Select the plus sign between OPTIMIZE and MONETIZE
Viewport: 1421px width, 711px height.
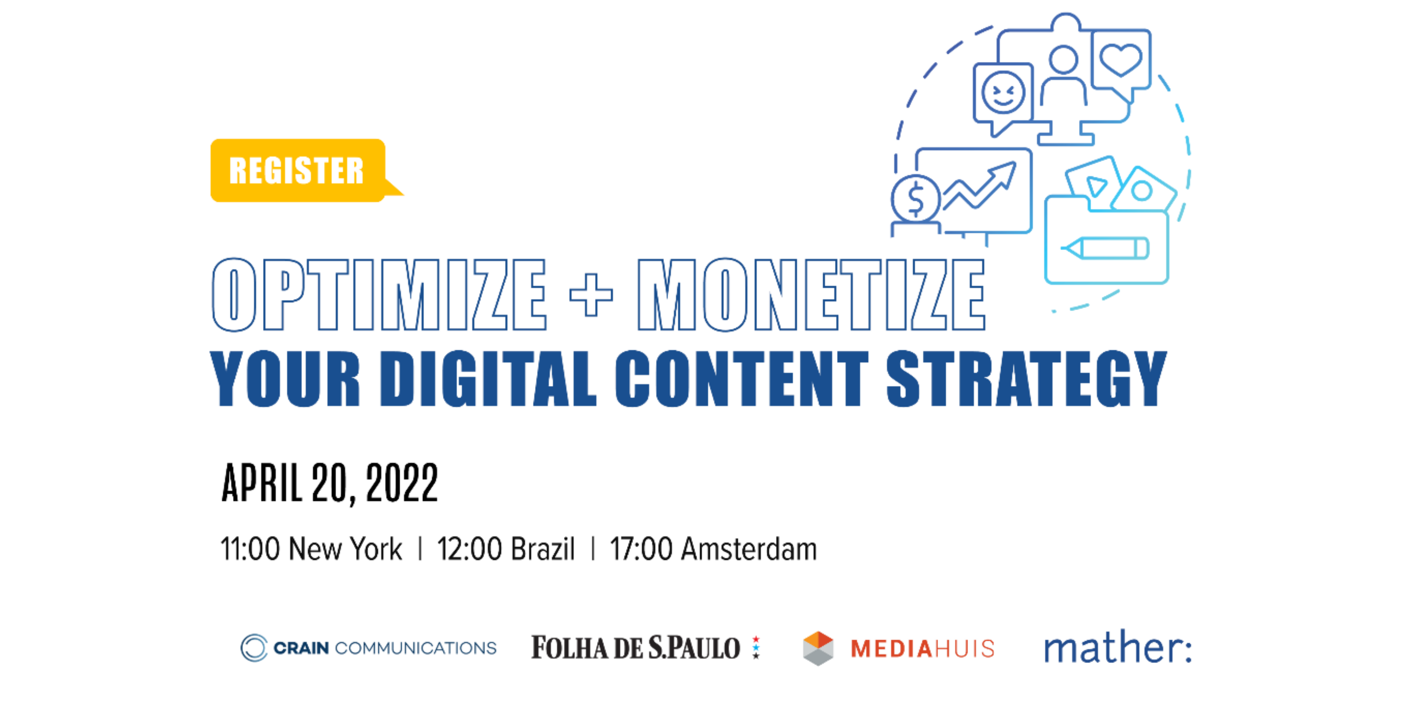coord(591,295)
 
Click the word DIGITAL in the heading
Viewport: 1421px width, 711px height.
coord(488,379)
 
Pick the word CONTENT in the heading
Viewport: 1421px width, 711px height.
coord(742,379)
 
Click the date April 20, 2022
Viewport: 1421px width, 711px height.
coord(329,484)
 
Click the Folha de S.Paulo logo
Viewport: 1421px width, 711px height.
coord(645,647)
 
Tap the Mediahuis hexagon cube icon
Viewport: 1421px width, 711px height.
coord(818,648)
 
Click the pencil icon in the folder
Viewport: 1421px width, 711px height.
coord(1105,248)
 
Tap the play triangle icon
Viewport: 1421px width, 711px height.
coord(1096,186)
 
